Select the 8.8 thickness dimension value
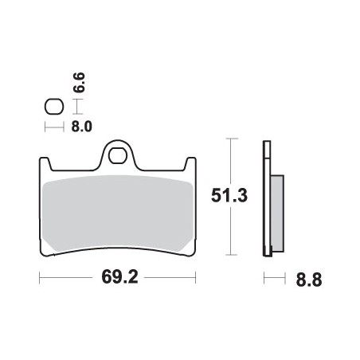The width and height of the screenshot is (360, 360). click(x=307, y=280)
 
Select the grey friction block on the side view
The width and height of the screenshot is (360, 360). click(x=276, y=209)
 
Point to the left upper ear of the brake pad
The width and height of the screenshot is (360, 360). click(x=45, y=163)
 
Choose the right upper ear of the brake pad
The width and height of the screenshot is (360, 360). click(x=190, y=163)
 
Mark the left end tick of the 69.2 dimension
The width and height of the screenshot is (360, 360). click(x=40, y=279)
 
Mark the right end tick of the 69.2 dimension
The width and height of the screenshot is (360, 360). click(x=196, y=279)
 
